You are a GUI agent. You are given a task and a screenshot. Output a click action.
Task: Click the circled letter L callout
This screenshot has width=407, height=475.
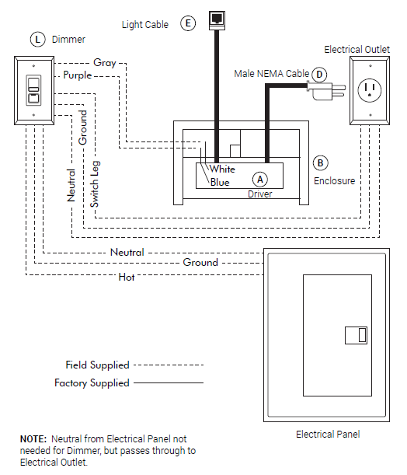pos(37,40)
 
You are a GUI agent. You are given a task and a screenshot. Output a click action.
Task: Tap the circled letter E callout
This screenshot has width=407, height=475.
pos(188,23)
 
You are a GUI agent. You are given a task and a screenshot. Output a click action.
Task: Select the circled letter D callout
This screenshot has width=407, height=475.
pos(319,75)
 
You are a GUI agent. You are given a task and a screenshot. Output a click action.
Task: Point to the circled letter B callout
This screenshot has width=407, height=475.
pos(321,163)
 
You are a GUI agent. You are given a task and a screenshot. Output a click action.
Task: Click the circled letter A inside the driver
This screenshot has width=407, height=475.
pos(260,180)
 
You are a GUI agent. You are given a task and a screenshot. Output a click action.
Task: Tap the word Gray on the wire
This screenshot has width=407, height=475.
pos(105,63)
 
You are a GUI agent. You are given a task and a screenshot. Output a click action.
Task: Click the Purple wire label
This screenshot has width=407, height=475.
pos(78,75)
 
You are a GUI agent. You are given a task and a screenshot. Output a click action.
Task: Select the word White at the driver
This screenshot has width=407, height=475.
pos(222,169)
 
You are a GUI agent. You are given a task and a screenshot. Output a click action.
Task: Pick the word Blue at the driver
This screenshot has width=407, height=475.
pos(220,183)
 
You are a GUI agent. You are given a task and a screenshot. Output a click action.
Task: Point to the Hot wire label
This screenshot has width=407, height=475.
pos(127,277)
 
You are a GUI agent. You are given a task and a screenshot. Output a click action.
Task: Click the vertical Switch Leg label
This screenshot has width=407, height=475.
pos(95,184)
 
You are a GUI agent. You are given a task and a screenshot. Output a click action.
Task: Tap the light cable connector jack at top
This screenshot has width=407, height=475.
pos(217,20)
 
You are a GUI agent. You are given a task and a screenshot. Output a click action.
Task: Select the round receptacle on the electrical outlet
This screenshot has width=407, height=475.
pos(370,90)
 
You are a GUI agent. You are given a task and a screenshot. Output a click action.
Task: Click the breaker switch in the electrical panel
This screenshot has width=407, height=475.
pos(357,335)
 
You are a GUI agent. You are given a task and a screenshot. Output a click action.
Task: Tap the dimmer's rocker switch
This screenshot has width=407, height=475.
pos(33,90)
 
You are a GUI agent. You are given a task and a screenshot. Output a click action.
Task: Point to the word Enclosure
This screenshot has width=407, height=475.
pos(334,181)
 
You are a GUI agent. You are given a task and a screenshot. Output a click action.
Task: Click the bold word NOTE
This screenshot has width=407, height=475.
pos(33,438)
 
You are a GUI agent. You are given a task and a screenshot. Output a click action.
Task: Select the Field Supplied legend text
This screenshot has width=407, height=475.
pos(97,365)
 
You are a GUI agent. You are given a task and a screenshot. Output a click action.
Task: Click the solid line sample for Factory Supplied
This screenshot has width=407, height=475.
pos(169,383)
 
